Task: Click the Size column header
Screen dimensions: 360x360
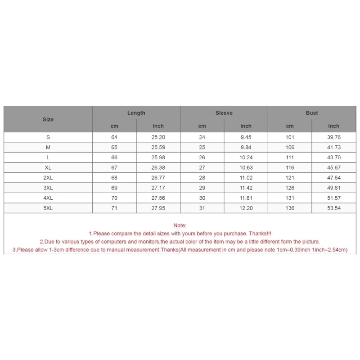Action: [x=48, y=119]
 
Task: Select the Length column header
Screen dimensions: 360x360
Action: [x=136, y=113]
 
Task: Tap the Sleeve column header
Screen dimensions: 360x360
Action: [x=224, y=113]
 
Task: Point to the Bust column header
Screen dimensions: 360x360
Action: [x=312, y=113]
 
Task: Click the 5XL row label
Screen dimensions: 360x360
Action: [x=48, y=208]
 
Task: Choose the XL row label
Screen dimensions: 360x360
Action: [x=48, y=167]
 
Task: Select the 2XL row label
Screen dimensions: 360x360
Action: [x=48, y=177]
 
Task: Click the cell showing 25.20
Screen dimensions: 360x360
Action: [x=158, y=137]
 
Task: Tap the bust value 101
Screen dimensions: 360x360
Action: [x=290, y=137]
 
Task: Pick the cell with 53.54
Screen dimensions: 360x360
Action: [x=333, y=208]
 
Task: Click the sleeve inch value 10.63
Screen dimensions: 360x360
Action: [x=246, y=167]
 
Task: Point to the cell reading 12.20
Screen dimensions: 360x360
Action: [x=246, y=208]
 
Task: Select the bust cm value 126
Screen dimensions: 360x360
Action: [x=290, y=188]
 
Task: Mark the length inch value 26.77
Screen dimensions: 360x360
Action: [x=158, y=177]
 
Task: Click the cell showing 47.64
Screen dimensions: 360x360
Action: [x=333, y=177]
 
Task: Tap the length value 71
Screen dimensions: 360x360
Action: [x=114, y=208]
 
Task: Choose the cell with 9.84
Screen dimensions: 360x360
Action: [x=246, y=147]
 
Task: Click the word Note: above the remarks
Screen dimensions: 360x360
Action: [x=180, y=225]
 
